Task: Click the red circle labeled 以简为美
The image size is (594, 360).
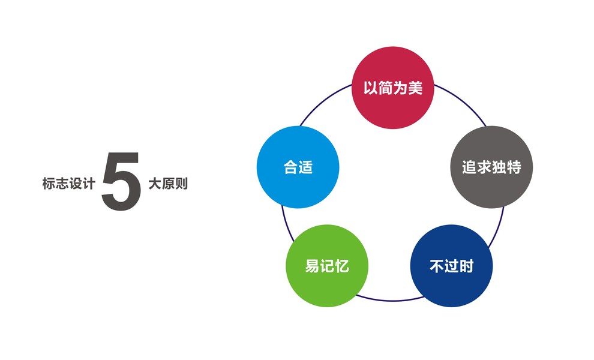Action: click(392, 87)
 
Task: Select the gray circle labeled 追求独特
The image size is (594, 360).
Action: click(491, 167)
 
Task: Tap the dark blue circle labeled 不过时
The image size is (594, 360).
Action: click(451, 266)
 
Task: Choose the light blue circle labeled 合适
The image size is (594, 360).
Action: click(298, 167)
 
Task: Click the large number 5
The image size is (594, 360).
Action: click(121, 181)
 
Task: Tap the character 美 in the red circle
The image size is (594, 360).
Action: click(415, 88)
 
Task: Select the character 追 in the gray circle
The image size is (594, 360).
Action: click(469, 167)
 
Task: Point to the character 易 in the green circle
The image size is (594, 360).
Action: click(312, 265)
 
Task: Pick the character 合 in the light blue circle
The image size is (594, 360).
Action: click(290, 167)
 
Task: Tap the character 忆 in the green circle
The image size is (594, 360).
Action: click(341, 265)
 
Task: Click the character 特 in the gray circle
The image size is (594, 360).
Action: click(514, 167)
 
